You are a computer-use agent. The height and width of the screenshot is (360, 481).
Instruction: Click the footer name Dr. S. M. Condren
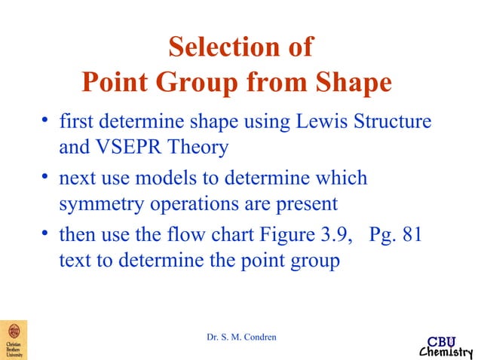[x=241, y=336]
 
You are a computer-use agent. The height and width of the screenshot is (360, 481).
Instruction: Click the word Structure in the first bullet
[x=392, y=121]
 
